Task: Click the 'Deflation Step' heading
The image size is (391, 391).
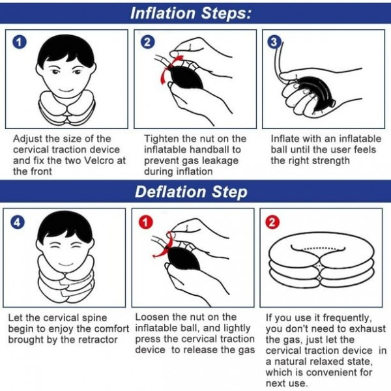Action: tap(190, 192)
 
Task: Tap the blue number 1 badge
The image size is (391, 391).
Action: tap(20, 42)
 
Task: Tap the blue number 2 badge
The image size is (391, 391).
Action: tap(149, 42)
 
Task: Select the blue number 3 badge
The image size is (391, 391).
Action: tap(274, 42)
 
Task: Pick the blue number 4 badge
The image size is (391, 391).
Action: tap(18, 222)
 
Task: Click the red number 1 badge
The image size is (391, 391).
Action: tap(147, 222)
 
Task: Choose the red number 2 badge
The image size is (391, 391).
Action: tap(273, 222)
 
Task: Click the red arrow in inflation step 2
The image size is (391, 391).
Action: tap(163, 66)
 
